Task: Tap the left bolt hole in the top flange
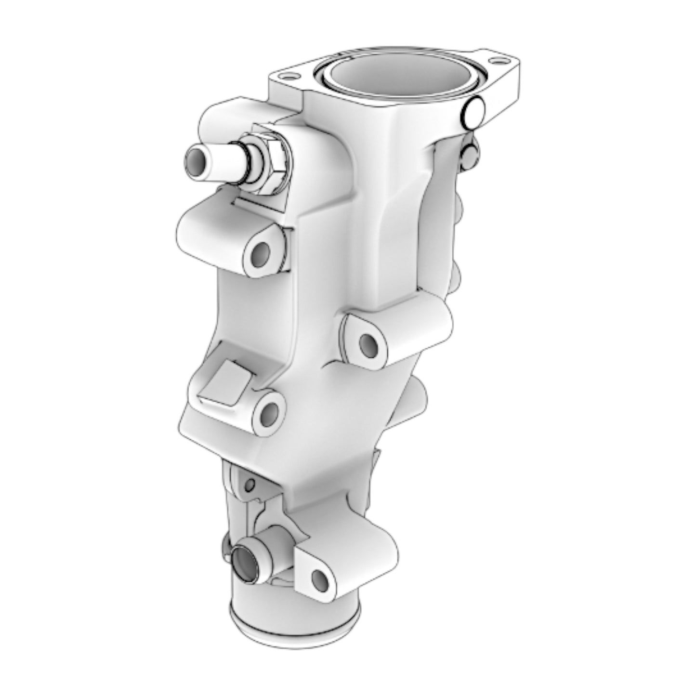tap(289, 76)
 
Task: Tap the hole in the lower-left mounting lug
tap(270, 412)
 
